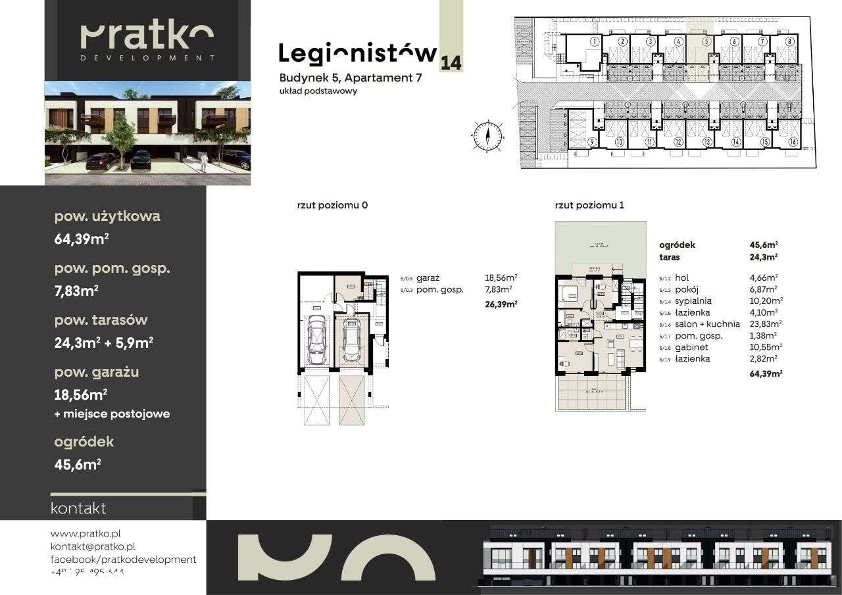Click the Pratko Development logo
click(147, 41)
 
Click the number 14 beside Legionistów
click(451, 63)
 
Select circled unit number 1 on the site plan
click(594, 41)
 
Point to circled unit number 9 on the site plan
click(592, 142)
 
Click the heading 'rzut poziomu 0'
click(332, 205)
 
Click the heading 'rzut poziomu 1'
click(589, 205)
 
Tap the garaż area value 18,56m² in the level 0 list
click(501, 278)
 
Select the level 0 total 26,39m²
click(501, 304)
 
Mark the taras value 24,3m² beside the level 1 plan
click(762, 257)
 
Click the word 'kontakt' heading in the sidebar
click(78, 508)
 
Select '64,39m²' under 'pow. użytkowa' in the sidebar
click(81, 239)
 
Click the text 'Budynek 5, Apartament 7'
click(350, 78)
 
